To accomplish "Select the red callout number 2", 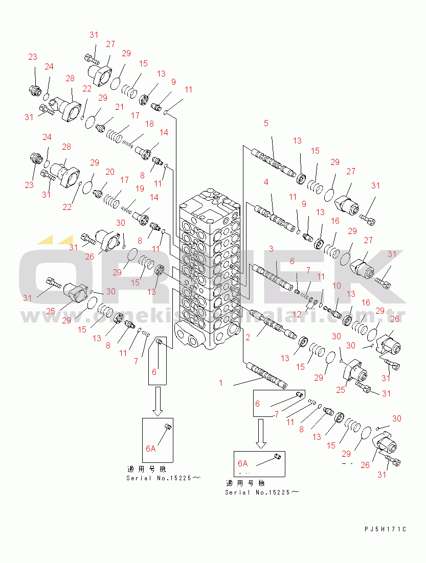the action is coord(248,337).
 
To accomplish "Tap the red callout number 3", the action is coord(272,249).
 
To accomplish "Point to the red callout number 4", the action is coord(266,182).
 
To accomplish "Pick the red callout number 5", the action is coord(266,123).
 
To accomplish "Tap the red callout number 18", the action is coord(149,124).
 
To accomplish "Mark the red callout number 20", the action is coord(110,172).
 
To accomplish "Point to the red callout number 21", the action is coord(119,107).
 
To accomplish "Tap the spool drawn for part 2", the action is coord(276,326).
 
